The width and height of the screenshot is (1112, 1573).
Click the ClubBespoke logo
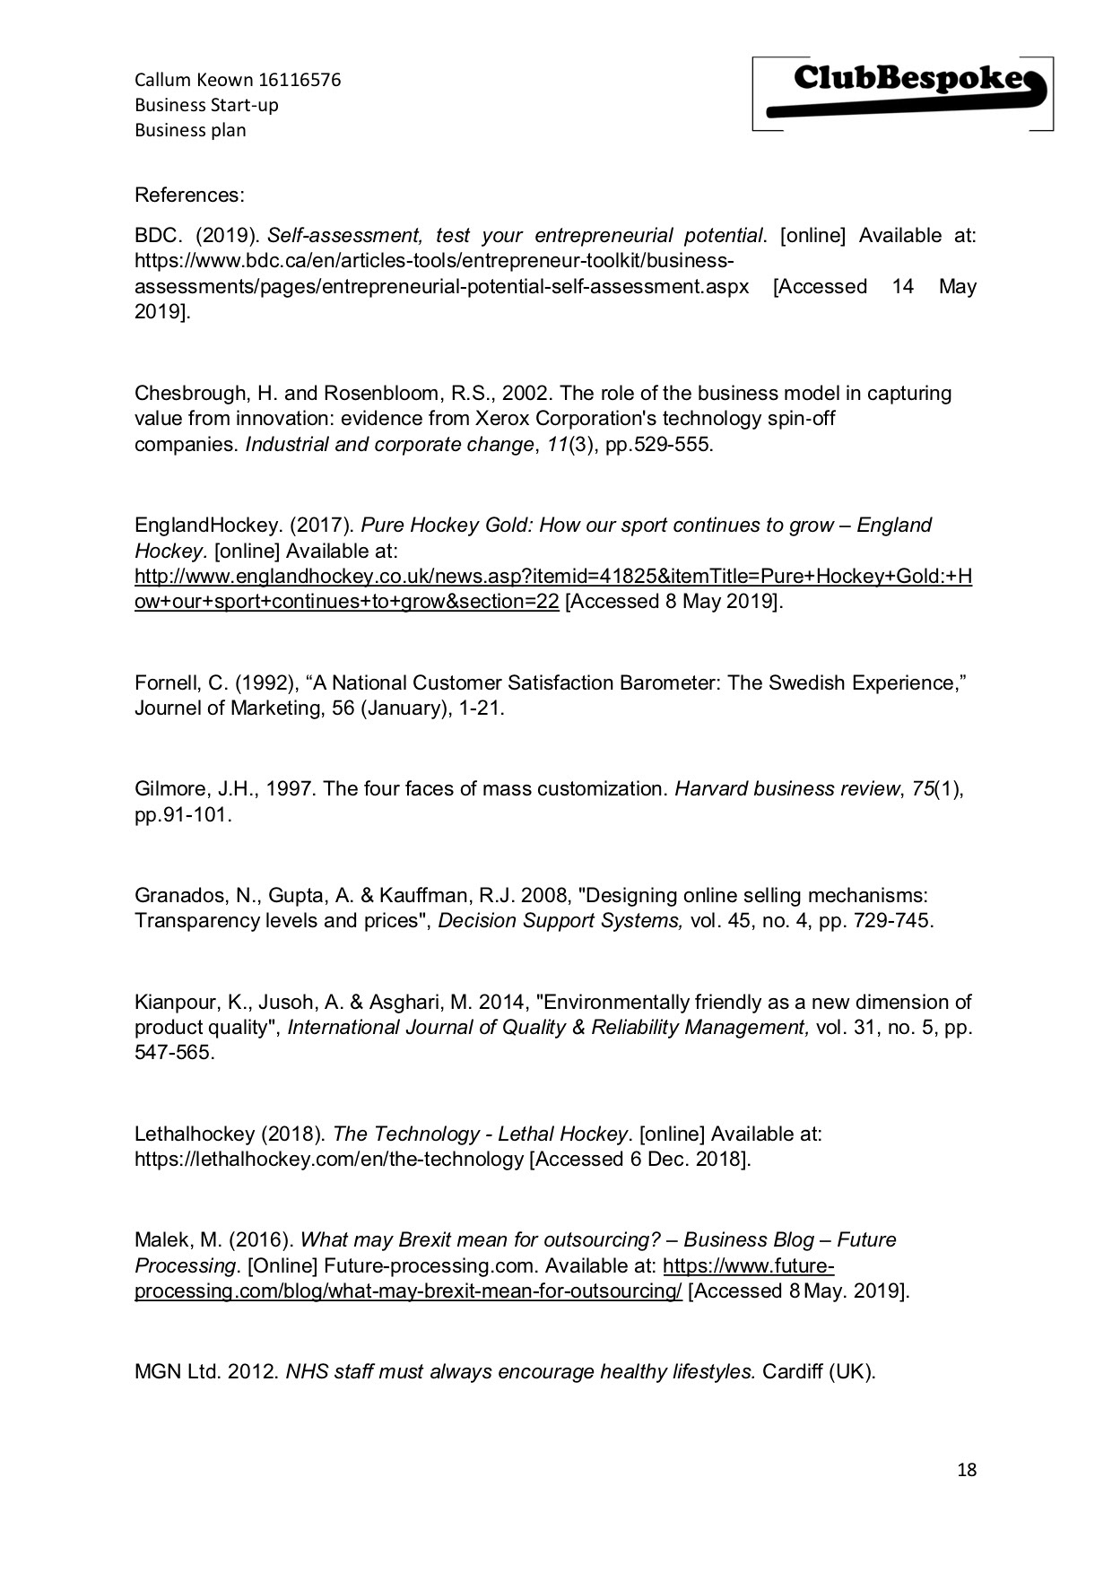coord(903,93)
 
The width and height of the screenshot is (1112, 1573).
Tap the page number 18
coord(967,1470)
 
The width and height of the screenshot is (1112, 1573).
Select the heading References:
coord(189,195)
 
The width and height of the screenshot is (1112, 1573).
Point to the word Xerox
coord(500,419)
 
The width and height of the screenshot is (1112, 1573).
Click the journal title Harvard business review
coord(786,789)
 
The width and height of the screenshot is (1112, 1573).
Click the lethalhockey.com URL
coord(328,1159)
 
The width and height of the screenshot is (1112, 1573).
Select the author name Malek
coord(161,1239)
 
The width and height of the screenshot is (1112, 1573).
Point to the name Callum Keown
coord(194,80)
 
